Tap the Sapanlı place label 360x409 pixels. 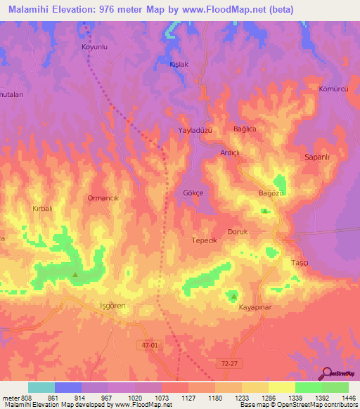point(316,157)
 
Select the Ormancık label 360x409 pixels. point(104,199)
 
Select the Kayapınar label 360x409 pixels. point(255,308)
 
